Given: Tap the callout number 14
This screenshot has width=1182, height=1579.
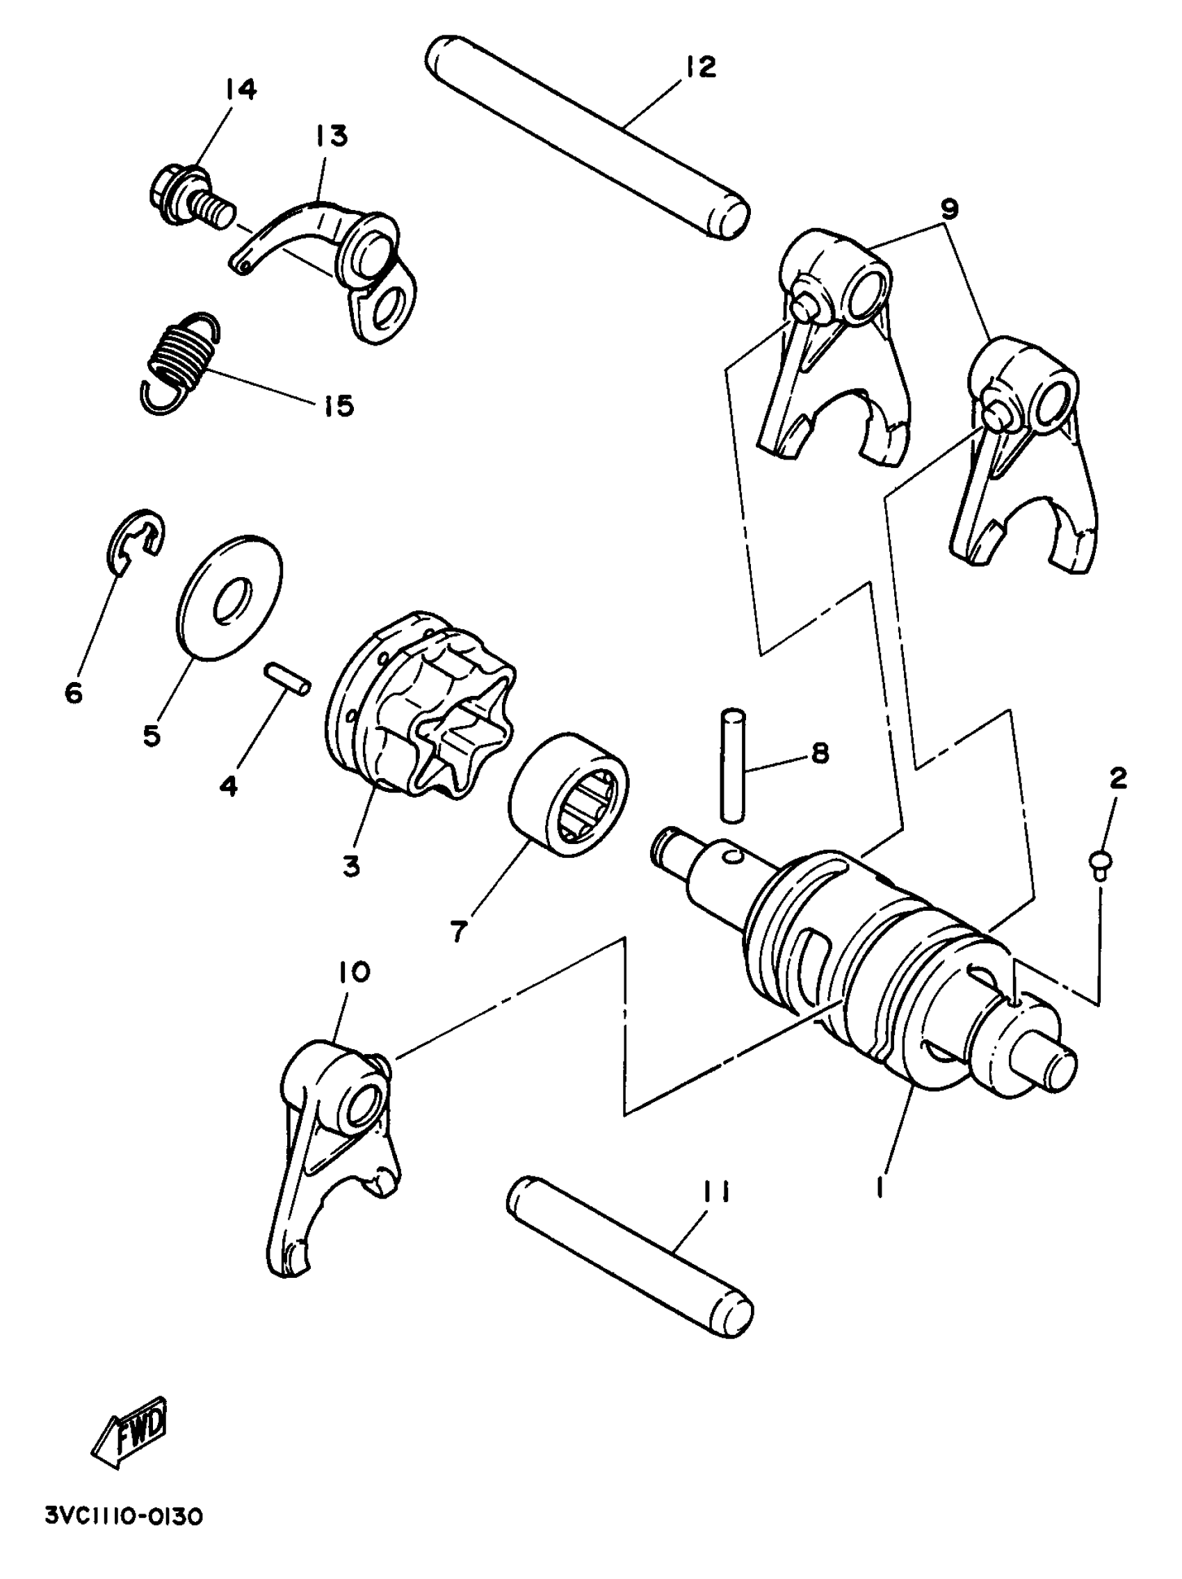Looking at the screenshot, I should [x=241, y=89].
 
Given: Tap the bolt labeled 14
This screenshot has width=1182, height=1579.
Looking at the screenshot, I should [x=188, y=197].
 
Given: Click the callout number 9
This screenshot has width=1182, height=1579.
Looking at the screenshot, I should [x=948, y=209].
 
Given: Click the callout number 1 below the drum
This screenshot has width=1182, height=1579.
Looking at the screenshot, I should [x=880, y=1187].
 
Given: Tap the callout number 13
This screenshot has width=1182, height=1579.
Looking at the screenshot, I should [x=330, y=135].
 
